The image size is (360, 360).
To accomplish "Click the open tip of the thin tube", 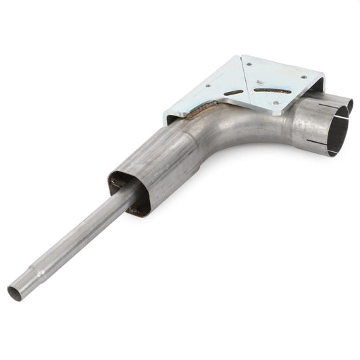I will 14,294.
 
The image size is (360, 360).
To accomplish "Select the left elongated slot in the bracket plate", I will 233,93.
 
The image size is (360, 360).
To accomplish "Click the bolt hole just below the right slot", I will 276,103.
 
